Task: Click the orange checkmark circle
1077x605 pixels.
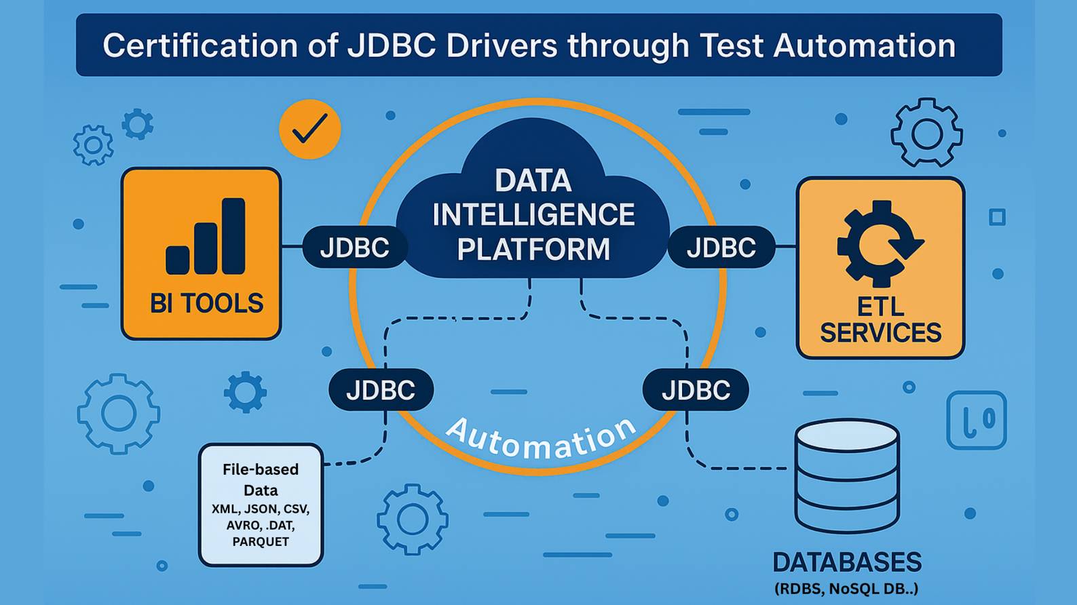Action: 309,129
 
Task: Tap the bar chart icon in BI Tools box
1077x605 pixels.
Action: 206,237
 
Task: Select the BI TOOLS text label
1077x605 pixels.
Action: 206,303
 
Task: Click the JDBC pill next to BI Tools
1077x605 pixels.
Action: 354,248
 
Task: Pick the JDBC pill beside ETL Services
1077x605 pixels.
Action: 721,248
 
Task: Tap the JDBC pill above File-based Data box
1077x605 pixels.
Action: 381,390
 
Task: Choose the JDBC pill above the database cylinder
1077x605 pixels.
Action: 696,390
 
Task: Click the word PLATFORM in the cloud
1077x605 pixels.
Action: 533,249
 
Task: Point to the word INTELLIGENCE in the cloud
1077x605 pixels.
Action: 533,215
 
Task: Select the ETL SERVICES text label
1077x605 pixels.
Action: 880,320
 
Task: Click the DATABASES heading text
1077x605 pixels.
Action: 847,562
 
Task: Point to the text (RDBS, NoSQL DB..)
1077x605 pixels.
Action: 846,589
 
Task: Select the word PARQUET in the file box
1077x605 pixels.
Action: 261,542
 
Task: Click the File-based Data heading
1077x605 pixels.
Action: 261,480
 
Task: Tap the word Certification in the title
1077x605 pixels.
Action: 200,46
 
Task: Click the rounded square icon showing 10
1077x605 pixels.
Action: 976,420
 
